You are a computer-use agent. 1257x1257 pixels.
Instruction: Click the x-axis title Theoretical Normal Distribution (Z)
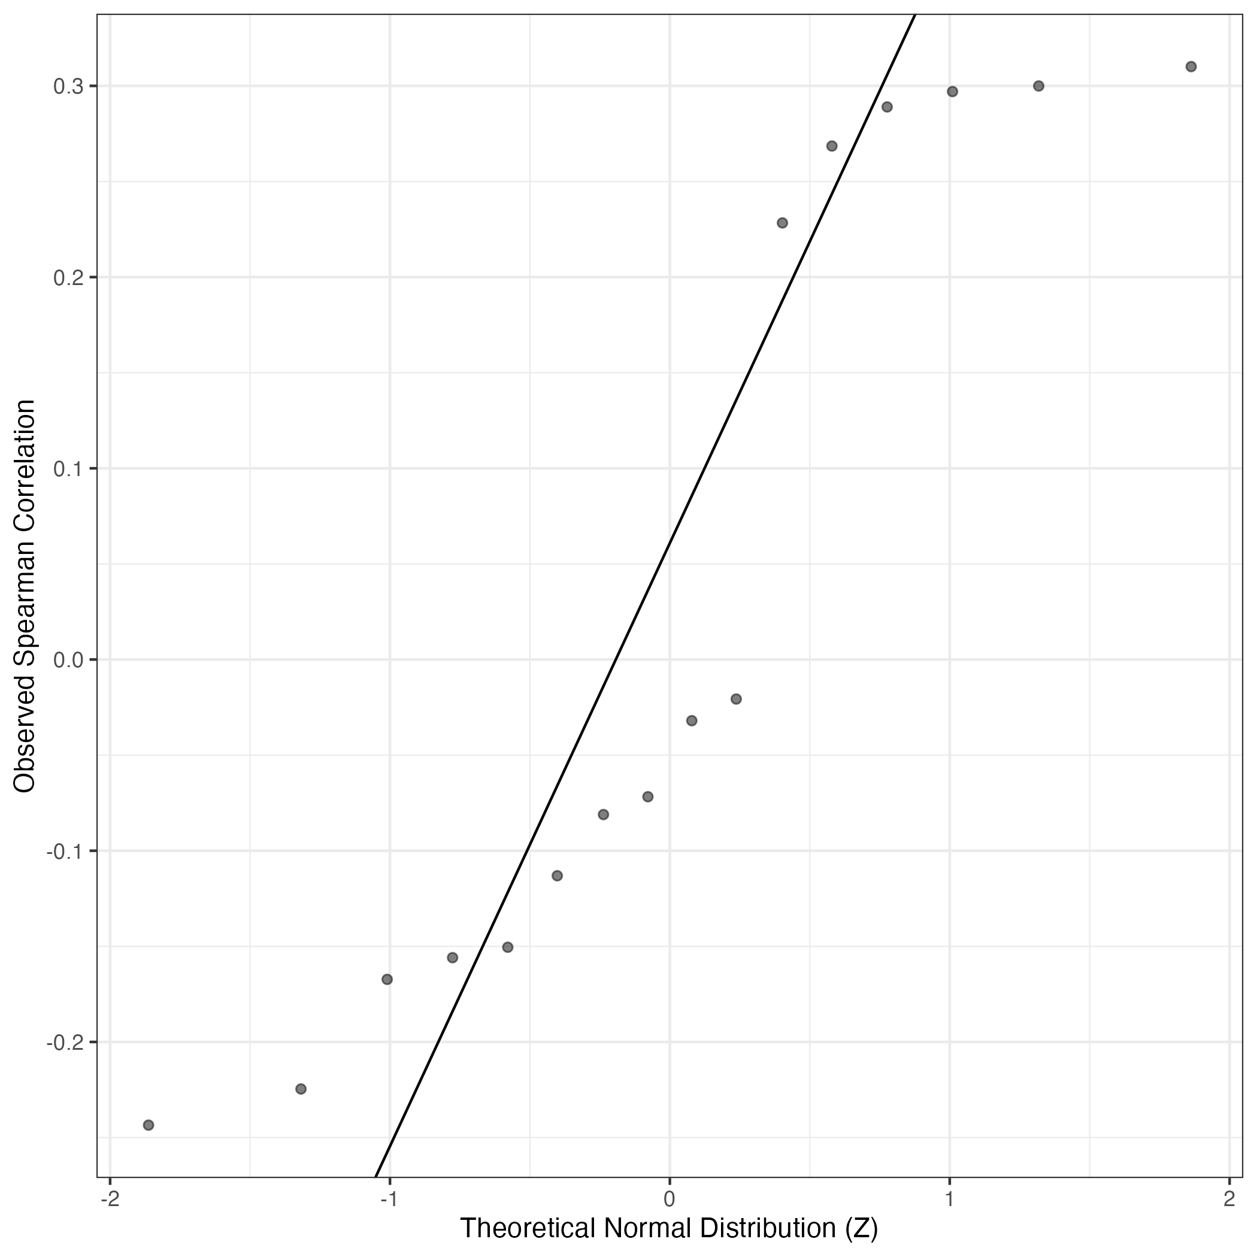[669, 1228]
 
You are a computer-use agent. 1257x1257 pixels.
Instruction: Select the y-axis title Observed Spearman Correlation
[25, 596]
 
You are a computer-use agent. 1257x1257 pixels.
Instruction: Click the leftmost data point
[149, 1125]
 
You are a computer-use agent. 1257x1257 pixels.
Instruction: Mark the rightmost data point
[1191, 66]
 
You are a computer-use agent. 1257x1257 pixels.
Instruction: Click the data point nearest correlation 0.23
[783, 223]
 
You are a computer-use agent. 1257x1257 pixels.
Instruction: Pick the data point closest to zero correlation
[737, 699]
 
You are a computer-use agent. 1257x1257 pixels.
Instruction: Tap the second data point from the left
[301, 1089]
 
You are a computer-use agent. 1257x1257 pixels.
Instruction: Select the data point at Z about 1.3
[1039, 86]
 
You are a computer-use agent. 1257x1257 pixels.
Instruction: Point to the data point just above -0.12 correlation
[557, 876]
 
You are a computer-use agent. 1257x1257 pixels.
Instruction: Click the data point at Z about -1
[387, 979]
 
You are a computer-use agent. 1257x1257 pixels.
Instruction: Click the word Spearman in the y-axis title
[25, 614]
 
